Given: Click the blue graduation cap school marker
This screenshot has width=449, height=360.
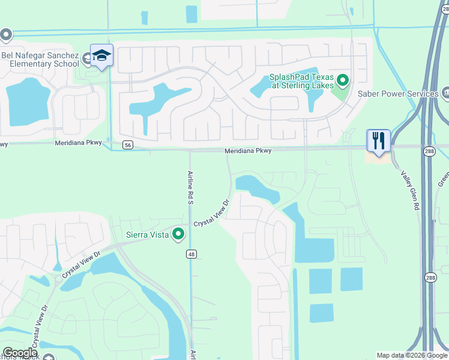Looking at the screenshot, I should point(102,56).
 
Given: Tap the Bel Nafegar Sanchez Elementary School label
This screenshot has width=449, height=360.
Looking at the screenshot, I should point(40,59).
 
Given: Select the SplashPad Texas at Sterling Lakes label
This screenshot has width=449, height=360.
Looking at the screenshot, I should point(301,81).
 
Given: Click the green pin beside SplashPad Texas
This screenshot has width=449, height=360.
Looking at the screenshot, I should point(343,79).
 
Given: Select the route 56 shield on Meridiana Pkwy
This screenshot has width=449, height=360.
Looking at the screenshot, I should point(128,145).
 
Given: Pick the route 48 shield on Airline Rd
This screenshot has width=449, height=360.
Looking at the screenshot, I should point(190,254).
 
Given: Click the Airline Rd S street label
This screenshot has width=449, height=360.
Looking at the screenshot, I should point(190,188).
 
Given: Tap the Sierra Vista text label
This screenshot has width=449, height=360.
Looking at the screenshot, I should point(147,235).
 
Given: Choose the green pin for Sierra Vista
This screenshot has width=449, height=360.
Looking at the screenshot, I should point(178,234).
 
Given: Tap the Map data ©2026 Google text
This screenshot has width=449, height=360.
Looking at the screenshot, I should point(411,355).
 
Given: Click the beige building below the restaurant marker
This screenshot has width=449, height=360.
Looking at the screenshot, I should point(376,157).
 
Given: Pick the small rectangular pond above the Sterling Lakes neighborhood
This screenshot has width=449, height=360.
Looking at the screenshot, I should point(191,14).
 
